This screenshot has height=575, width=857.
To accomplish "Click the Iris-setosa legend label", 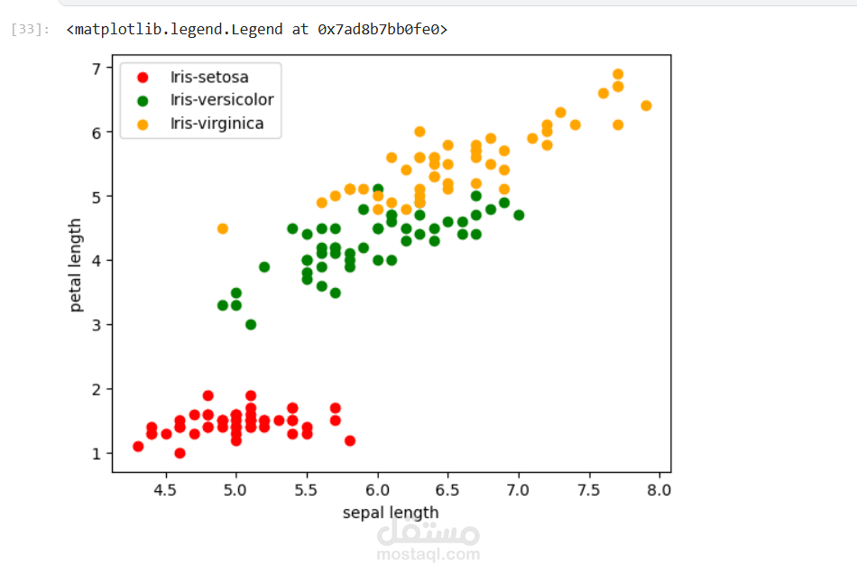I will point(208,77).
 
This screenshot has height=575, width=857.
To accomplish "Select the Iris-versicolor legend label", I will point(221,100).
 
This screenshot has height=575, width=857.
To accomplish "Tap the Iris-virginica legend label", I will point(217,124).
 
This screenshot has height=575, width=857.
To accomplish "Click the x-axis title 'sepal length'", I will point(391,513).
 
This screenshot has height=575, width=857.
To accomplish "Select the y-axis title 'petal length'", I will point(76,265).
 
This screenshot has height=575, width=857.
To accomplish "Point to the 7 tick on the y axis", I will point(95,68).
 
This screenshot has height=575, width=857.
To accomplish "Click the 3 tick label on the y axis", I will point(95,325).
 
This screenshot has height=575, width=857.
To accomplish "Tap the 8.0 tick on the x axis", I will point(659,490).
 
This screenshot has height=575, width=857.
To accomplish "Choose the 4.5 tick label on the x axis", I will point(165,490).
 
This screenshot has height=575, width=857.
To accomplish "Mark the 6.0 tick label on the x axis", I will point(377,490).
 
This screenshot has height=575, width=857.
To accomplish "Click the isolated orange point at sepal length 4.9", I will point(222,228).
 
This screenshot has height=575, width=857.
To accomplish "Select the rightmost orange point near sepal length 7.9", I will point(646,106).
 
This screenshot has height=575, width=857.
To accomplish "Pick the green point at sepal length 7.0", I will point(519,215).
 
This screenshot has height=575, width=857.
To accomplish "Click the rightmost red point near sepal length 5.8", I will point(349,441).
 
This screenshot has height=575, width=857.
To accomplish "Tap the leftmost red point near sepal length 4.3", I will point(138,446).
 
